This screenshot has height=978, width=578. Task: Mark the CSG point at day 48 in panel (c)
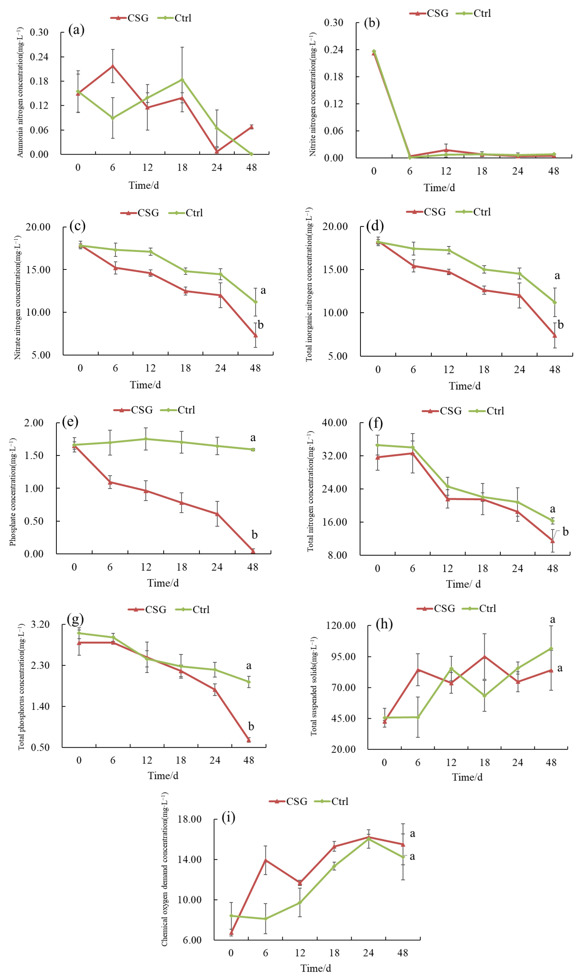point(256,335)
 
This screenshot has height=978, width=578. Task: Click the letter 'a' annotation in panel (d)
point(557,276)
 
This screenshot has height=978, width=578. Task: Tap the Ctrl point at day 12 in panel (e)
point(146,439)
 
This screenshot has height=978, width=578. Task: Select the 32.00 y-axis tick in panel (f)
point(334,456)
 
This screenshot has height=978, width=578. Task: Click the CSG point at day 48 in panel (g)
point(248,740)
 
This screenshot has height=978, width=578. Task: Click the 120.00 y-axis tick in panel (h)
point(341,626)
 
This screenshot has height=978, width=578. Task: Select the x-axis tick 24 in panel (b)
point(518,171)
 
